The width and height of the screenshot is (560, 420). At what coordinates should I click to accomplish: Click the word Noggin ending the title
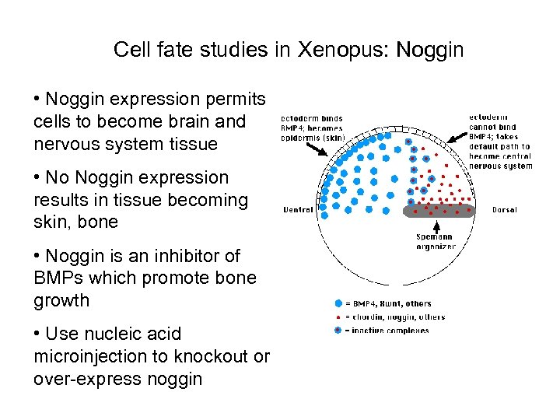pos(429,51)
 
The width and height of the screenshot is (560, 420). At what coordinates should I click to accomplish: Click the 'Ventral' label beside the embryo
pos(298,210)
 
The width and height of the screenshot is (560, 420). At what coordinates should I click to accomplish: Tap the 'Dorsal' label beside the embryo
pos(504,210)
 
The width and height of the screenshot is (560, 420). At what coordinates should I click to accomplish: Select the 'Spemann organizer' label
pos(436,242)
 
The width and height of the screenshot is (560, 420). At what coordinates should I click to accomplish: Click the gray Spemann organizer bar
pos(439,210)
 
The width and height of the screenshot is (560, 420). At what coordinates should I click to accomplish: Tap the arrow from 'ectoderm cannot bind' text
pos(457,135)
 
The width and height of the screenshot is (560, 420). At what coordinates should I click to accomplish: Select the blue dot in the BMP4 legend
pos(337,303)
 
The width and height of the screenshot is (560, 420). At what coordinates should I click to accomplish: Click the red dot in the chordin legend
pos(337,317)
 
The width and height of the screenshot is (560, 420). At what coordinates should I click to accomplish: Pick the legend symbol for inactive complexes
pos(337,330)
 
